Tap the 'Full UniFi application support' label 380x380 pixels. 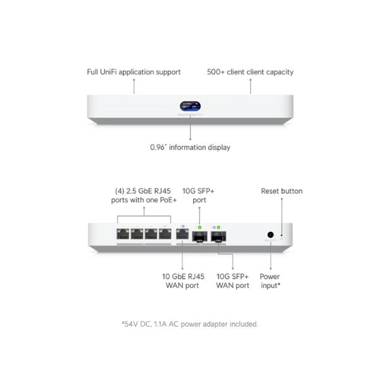[134, 72]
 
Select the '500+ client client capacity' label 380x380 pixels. [250, 72]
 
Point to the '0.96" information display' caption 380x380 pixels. [190, 147]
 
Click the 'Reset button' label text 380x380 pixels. [282, 191]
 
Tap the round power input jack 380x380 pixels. [270, 234]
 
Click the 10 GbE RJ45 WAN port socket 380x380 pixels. [182, 235]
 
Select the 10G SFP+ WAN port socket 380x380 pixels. [220, 237]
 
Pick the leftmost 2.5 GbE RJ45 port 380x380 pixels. [123, 234]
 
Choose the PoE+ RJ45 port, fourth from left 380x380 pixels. [166, 234]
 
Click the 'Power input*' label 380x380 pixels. [269, 281]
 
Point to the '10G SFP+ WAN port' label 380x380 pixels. [233, 281]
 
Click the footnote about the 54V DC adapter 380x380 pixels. [190, 324]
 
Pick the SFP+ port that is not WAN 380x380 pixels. [199, 237]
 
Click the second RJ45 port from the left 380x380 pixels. [137, 234]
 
